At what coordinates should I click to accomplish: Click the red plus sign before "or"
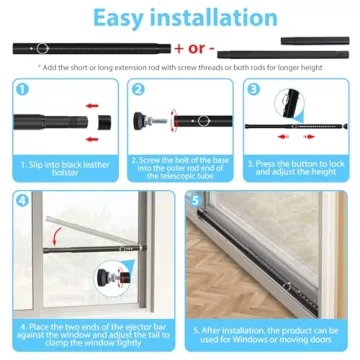(179, 48)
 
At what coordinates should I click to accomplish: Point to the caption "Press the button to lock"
(297, 166)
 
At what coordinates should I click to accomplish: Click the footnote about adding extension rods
(180, 68)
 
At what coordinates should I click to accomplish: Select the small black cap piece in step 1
(88, 127)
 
